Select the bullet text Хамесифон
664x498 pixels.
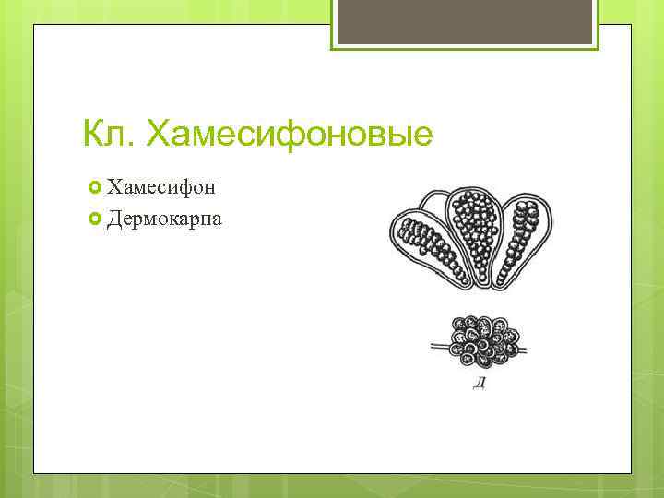click(161, 188)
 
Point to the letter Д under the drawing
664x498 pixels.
click(479, 383)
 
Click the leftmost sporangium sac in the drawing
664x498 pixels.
click(426, 243)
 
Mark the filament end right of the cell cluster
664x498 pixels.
click(526, 350)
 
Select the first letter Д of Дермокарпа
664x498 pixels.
click(113, 219)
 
